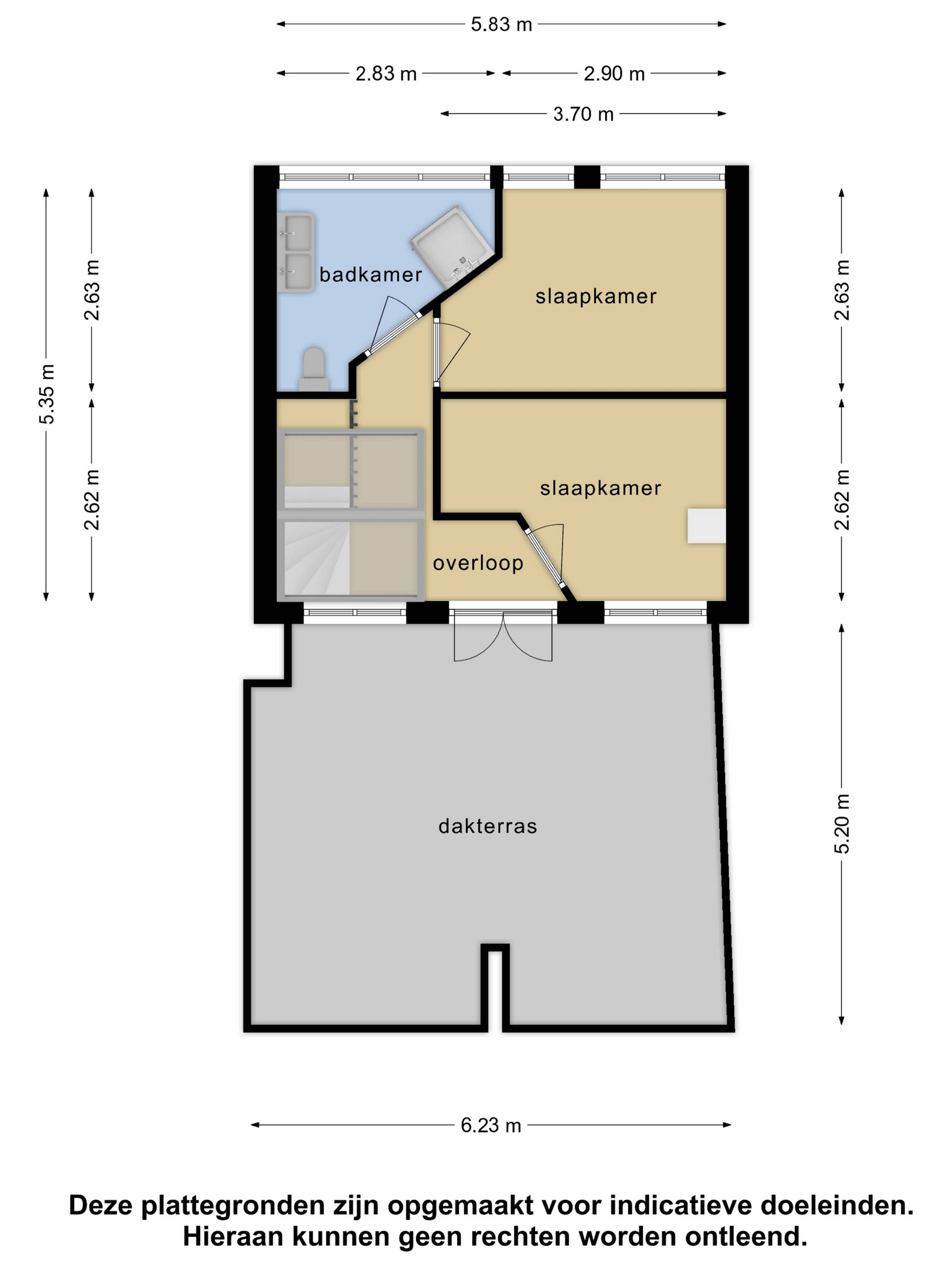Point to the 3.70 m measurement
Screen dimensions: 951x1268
(583, 114)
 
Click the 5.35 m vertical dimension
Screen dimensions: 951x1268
(47, 394)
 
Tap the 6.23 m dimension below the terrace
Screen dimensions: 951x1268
(491, 1125)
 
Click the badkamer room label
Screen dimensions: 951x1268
(370, 275)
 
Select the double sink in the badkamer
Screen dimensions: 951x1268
(296, 252)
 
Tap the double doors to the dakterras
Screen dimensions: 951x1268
(503, 636)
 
